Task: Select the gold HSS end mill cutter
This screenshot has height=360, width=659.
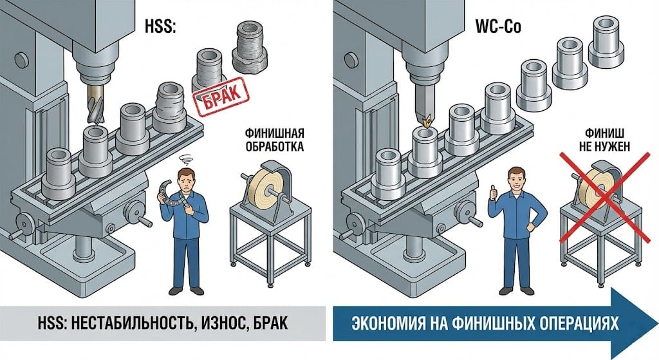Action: coord(93,106)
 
